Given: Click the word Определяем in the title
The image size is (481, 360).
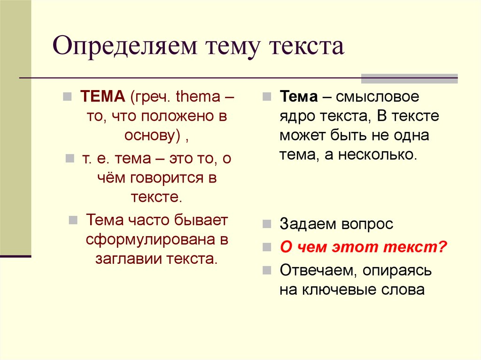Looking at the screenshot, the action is click(124, 46).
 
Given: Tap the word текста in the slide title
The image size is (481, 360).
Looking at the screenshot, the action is click(306, 46).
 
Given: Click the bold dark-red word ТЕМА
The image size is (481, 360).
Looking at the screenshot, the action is click(102, 97).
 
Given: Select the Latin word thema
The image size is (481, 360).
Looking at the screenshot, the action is click(198, 97).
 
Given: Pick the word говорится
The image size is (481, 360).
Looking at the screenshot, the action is click(167, 178).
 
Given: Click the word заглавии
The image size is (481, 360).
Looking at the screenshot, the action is click(129, 259).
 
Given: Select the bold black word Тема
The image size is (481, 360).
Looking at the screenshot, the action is click(299, 97).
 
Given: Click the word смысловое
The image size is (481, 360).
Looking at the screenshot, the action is click(377, 97).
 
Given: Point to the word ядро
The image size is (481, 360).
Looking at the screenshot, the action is click(297, 117).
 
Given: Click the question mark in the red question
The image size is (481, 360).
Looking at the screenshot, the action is click(442, 247).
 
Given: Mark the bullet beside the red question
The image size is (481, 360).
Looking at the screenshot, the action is click(267, 247).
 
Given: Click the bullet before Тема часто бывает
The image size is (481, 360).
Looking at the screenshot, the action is click(73, 220).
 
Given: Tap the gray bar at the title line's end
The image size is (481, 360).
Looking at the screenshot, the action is click(409, 79).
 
